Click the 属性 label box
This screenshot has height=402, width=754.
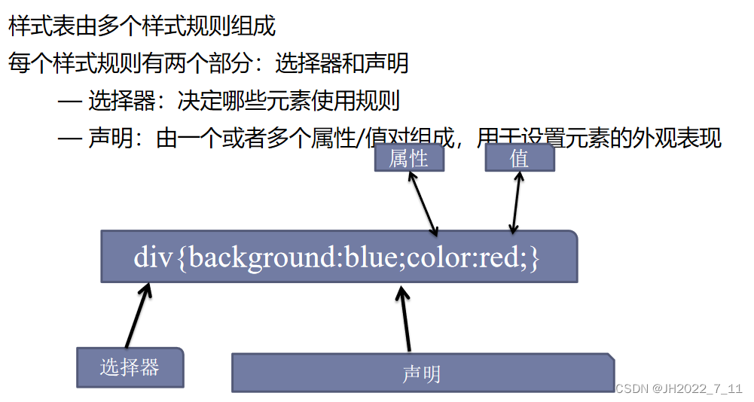click(x=409, y=158)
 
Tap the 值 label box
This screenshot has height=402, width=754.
click(x=519, y=158)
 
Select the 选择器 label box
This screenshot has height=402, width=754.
click(x=130, y=367)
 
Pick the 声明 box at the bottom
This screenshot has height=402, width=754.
click(x=422, y=373)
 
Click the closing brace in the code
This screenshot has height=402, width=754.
click(x=534, y=257)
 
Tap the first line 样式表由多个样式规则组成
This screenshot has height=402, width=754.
click(x=142, y=26)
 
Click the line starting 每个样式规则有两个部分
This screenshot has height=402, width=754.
click(x=208, y=63)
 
